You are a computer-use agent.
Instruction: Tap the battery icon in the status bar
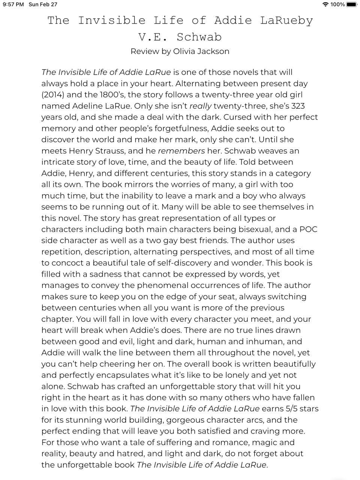[352, 4]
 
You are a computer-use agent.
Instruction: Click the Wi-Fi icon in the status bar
[325, 4]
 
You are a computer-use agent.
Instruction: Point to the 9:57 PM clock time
[13, 4]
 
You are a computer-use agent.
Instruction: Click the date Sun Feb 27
[43, 4]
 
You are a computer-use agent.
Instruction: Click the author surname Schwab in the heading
[199, 37]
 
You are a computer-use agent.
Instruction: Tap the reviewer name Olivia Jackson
[201, 51]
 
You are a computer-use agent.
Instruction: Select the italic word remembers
[181, 151]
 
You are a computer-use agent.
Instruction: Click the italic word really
[201, 106]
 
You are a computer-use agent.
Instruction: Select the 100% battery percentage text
[337, 4]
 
